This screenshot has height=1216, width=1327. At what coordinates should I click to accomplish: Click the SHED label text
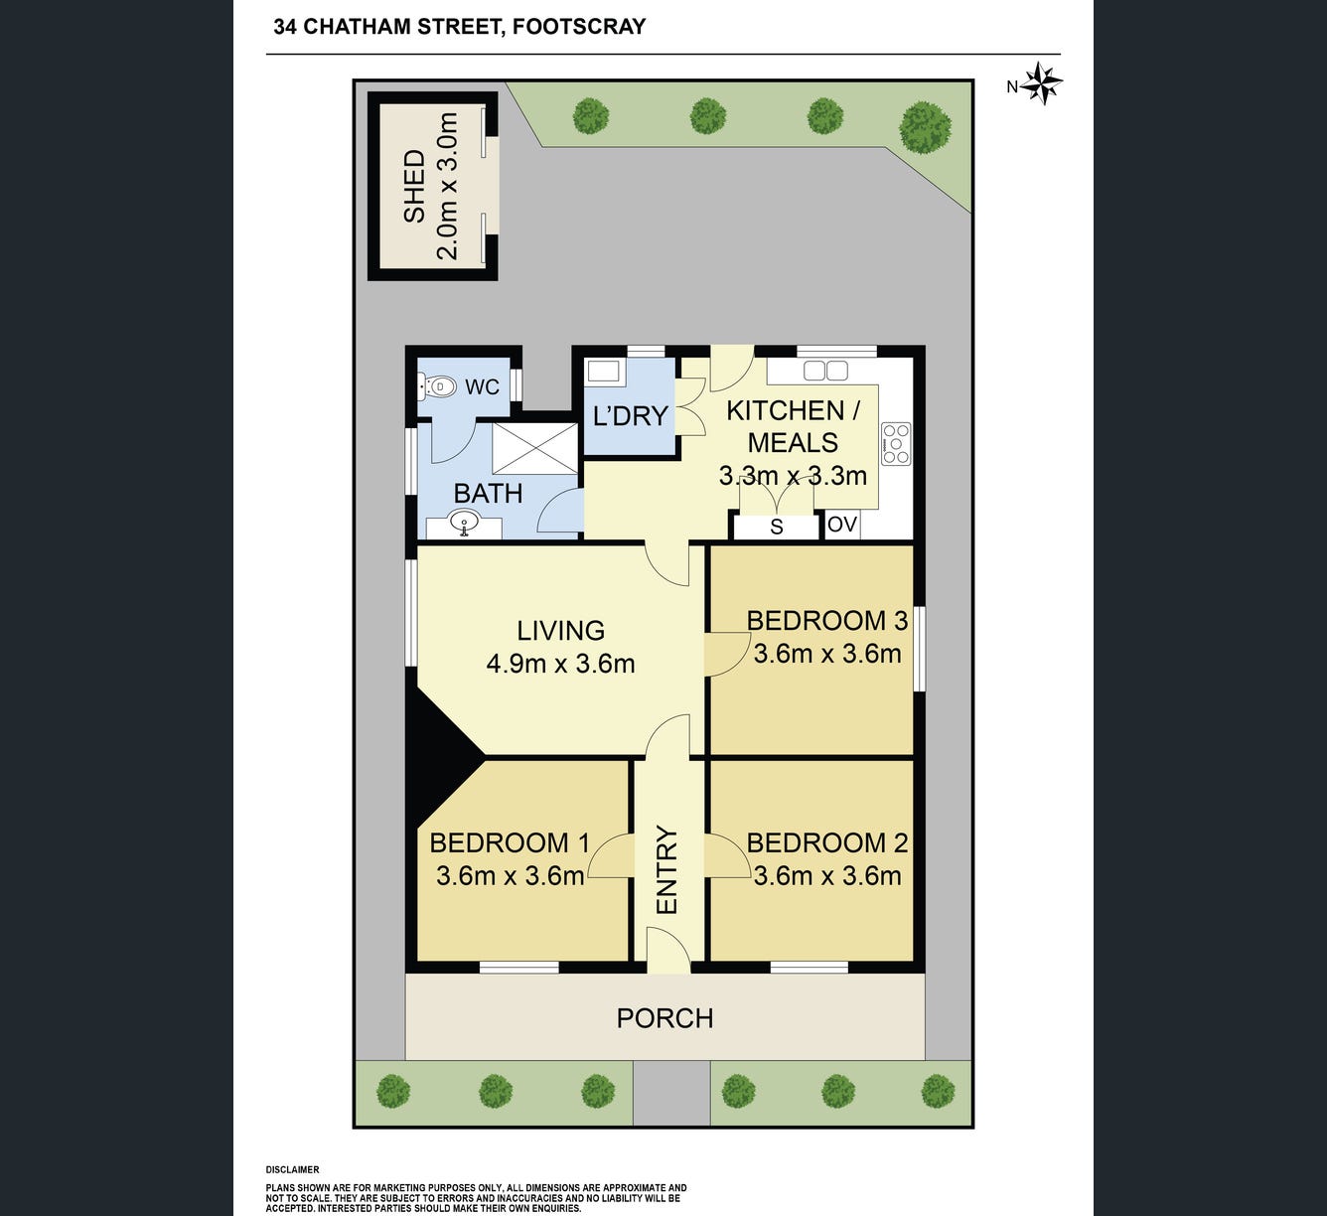point(414,186)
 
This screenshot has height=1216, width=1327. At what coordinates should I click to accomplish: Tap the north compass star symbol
point(1041,84)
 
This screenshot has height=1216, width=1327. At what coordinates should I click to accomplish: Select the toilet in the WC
point(437,386)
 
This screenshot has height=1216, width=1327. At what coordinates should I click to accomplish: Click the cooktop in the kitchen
point(896,443)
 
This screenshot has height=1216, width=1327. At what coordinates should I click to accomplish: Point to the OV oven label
point(842,525)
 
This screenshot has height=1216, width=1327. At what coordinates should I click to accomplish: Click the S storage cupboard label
point(777,527)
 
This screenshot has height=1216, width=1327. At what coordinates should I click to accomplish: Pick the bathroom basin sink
point(464,524)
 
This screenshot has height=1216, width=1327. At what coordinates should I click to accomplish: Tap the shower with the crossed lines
point(535,448)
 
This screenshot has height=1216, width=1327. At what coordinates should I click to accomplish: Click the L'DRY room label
point(631,415)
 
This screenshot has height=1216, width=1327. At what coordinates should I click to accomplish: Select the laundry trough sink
point(602,371)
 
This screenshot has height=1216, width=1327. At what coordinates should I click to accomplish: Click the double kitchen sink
point(825,371)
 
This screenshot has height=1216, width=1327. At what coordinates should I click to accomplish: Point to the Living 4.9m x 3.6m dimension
point(560,664)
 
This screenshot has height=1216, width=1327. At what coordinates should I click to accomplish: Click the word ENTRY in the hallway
point(666,870)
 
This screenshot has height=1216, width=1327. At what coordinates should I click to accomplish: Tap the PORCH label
point(664,1018)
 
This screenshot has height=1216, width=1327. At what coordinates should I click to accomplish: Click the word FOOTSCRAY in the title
point(579,27)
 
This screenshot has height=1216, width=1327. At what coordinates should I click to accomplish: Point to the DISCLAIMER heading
point(292,1169)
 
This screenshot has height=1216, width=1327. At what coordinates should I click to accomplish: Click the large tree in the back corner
point(925,128)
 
